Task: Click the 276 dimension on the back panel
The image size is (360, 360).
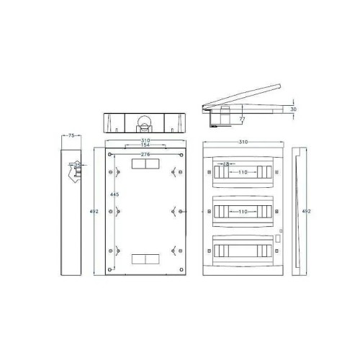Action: coord(145,155)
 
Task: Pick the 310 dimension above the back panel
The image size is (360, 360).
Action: coord(145,140)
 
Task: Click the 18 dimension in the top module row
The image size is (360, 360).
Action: coord(226,165)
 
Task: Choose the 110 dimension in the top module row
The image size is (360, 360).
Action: coord(244,173)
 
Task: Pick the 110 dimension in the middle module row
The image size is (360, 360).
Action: coord(244,212)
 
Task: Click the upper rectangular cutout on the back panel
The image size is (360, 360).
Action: coord(146,165)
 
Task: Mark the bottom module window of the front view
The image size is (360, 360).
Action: coord(243,250)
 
